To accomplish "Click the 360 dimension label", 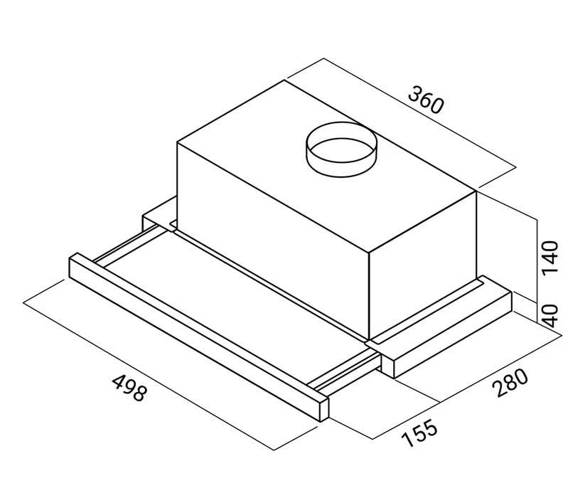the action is (x=426, y=100).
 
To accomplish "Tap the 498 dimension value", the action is (x=129, y=388).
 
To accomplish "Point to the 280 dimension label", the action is (x=510, y=383).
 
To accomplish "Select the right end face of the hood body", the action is (x=423, y=265).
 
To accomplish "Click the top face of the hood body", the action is (x=327, y=166).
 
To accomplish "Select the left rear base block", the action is (x=159, y=216).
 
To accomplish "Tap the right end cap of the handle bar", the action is (x=323, y=410).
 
